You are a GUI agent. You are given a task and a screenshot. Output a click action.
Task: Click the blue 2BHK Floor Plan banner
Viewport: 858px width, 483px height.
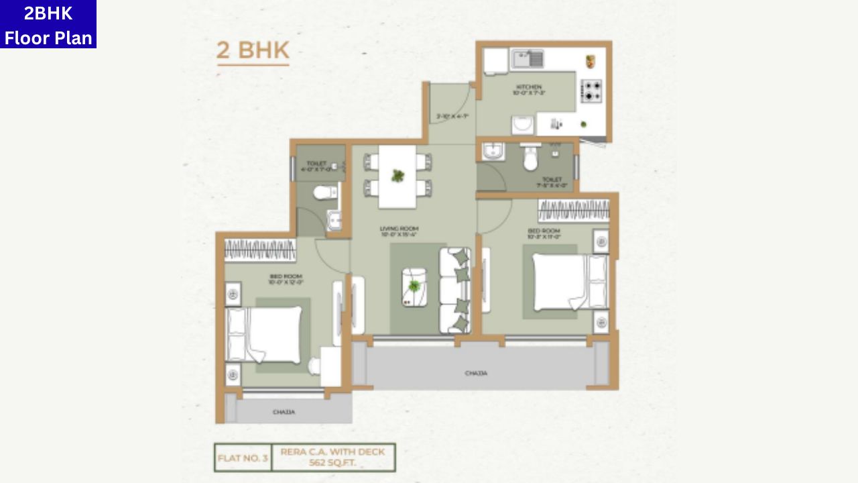point(48,24)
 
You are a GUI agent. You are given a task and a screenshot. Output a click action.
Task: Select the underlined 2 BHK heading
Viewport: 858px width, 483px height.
point(253,51)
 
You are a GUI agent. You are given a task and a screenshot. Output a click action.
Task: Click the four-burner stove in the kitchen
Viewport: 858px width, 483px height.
point(591,91)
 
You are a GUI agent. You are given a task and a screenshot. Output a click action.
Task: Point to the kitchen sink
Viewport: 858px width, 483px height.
point(529,59)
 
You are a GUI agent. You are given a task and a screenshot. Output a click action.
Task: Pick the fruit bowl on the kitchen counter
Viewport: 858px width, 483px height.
point(591,61)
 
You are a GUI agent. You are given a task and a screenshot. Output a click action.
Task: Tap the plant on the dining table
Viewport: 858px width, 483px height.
point(398,176)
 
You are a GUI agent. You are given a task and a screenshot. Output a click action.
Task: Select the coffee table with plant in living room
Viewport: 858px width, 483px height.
point(414,287)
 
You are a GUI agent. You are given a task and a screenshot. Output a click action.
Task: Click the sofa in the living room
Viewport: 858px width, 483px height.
point(454,290)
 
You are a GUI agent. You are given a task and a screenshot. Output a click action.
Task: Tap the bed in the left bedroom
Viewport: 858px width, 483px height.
point(265,335)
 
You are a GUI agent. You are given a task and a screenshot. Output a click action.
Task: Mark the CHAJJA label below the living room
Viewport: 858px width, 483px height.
point(476,373)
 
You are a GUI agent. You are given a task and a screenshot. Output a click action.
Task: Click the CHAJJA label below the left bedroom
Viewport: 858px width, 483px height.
point(284,412)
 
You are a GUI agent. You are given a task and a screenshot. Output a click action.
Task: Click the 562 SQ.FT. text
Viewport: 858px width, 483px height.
point(332,463)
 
